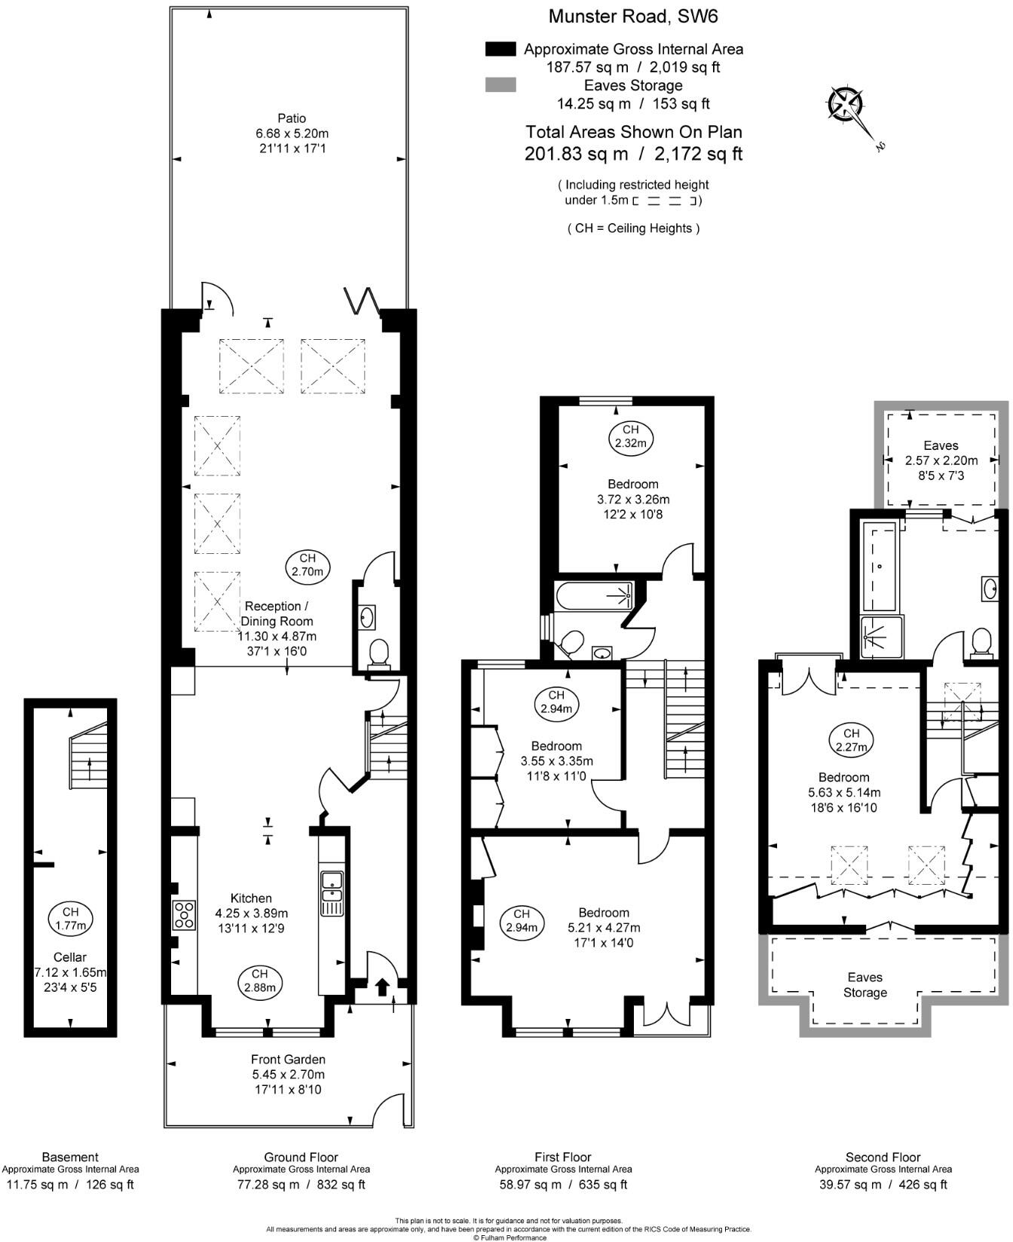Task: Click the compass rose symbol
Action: [845, 104]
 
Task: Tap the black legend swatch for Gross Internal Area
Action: [500, 49]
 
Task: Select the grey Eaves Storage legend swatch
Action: [500, 85]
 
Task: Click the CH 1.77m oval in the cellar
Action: [70, 918]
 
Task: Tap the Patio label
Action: [292, 118]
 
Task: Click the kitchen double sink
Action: [332, 887]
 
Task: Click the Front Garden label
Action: [289, 1059]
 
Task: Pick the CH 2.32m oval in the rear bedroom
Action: [631, 437]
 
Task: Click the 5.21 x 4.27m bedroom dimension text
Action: [604, 928]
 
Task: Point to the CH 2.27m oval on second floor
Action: [851, 740]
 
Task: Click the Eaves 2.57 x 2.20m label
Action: [941, 460]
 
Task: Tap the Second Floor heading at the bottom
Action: [883, 1157]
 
